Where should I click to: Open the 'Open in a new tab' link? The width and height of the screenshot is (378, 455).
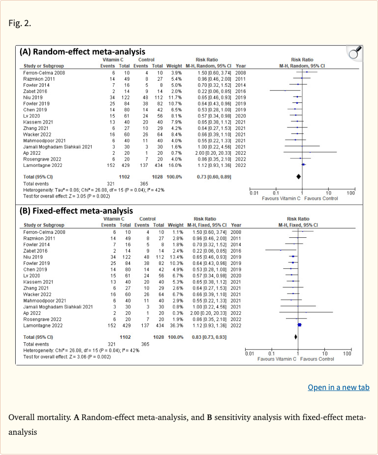(338, 388)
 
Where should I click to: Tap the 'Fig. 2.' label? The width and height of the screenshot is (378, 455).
(20, 23)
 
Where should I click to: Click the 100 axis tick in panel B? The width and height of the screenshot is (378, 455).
(347, 354)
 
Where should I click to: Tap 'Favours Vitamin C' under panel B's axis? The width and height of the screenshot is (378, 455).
(277, 358)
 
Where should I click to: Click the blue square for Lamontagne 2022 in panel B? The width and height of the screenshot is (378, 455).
(299, 325)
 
